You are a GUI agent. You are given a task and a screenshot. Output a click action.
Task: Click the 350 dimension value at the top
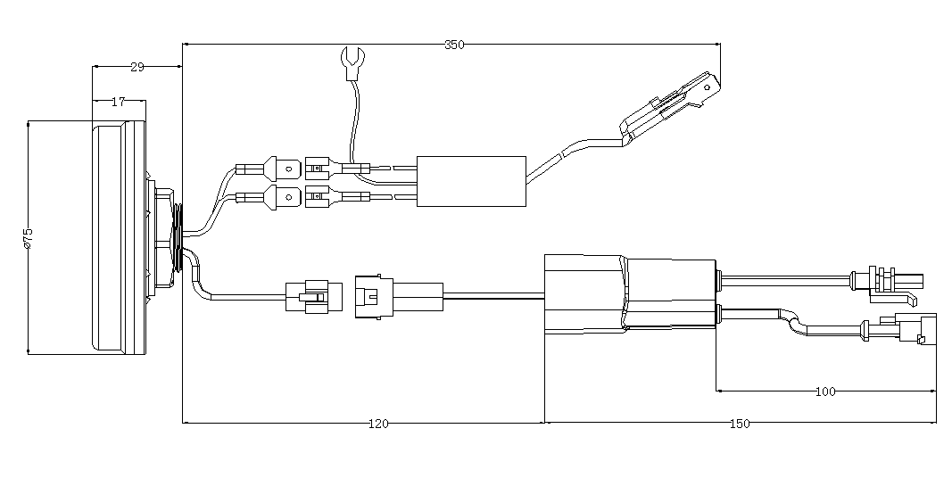click(x=454, y=44)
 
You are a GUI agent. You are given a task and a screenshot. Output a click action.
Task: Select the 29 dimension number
click(x=137, y=67)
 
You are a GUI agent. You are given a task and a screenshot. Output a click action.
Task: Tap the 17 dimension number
click(x=119, y=102)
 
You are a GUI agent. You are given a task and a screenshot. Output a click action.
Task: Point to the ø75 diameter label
click(x=27, y=238)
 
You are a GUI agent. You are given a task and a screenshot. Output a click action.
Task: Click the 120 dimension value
click(x=378, y=424)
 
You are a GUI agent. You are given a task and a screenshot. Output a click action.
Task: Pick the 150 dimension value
click(x=739, y=424)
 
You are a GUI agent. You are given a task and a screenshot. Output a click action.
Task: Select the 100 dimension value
click(x=825, y=391)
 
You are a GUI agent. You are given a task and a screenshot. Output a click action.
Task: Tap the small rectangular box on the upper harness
click(x=471, y=181)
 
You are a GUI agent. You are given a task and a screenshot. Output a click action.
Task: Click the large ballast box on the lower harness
click(x=630, y=295)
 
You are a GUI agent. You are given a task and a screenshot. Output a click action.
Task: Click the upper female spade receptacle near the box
click(x=319, y=168)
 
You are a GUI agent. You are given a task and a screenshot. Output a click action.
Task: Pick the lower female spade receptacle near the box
click(x=319, y=196)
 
